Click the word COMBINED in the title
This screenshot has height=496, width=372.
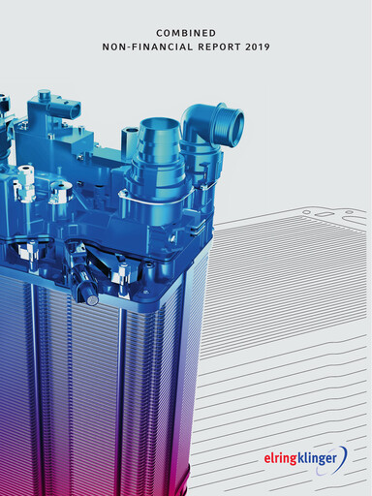click(x=186, y=33)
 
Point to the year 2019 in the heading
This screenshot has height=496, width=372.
click(x=258, y=47)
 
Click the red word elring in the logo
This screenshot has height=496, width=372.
click(x=280, y=458)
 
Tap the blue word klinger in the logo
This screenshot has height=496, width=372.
click(x=317, y=458)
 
